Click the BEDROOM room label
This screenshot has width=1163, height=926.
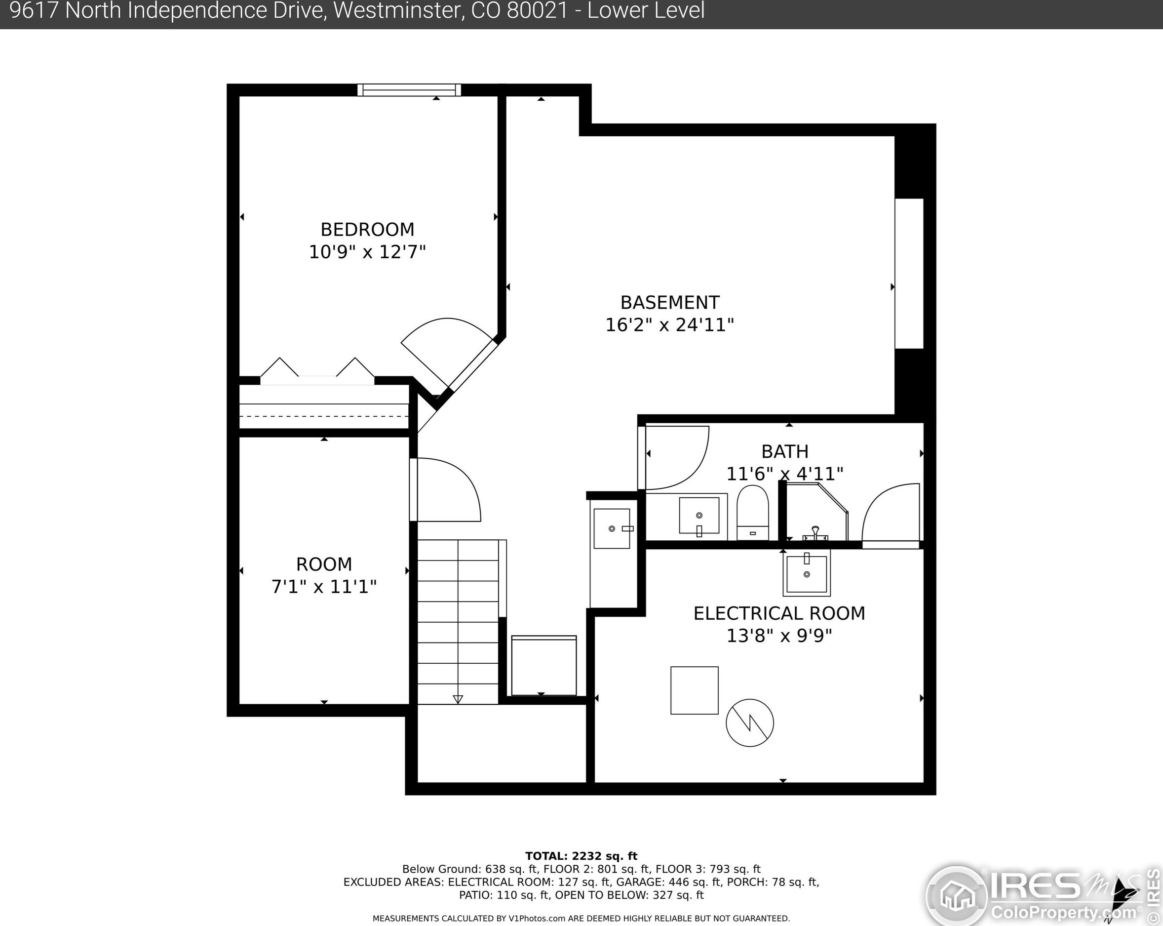pyautogui.click(x=367, y=229)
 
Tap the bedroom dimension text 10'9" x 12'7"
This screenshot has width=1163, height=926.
pyautogui.click(x=367, y=252)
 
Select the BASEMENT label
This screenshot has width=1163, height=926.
pyautogui.click(x=669, y=302)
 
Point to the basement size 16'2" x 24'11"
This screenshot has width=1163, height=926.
pyautogui.click(x=669, y=325)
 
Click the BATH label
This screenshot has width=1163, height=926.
pyautogui.click(x=785, y=451)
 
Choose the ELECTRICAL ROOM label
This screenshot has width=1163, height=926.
pyautogui.click(x=779, y=613)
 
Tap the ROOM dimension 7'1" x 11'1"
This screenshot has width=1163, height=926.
pyautogui.click(x=324, y=587)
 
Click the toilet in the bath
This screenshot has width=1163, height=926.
pyautogui.click(x=752, y=513)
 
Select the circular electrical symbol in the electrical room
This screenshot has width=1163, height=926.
pyautogui.click(x=750, y=723)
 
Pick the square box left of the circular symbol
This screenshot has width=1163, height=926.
pyautogui.click(x=694, y=690)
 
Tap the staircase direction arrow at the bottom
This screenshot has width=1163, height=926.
pyautogui.click(x=458, y=699)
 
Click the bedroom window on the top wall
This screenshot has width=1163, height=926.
pyautogui.click(x=409, y=89)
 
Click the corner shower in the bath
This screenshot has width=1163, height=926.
pyautogui.click(x=816, y=512)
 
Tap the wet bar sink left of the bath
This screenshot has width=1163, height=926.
pyautogui.click(x=612, y=528)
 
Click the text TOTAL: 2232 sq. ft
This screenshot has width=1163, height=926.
pyautogui.click(x=581, y=856)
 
